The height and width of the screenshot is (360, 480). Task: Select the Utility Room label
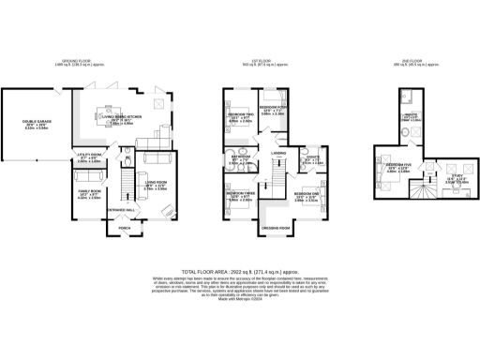tap(90, 157)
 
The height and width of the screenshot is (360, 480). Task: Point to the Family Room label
tap(88, 195)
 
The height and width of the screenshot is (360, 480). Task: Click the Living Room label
tap(156, 186)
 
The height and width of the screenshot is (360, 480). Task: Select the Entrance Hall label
tap(120, 208)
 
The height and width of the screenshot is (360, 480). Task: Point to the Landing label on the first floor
tap(278, 152)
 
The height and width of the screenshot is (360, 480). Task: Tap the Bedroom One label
tap(307, 197)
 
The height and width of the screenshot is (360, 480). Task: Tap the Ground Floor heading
tap(94, 64)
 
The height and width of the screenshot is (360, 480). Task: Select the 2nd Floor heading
tap(412, 64)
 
